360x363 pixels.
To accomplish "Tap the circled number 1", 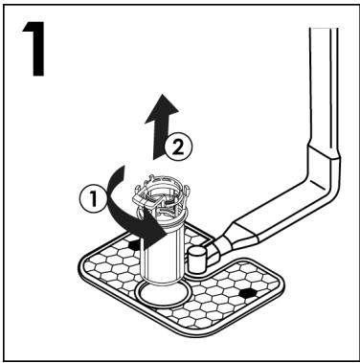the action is click(93, 199).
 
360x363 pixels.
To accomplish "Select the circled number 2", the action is click(178, 147).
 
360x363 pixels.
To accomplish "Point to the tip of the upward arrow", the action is click(164, 95).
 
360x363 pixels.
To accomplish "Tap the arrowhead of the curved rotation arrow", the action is click(155, 233).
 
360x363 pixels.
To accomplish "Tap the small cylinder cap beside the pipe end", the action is click(197, 260).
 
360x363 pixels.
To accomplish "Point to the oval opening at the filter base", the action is click(161, 293).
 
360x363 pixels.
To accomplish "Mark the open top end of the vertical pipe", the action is click(324, 29).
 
